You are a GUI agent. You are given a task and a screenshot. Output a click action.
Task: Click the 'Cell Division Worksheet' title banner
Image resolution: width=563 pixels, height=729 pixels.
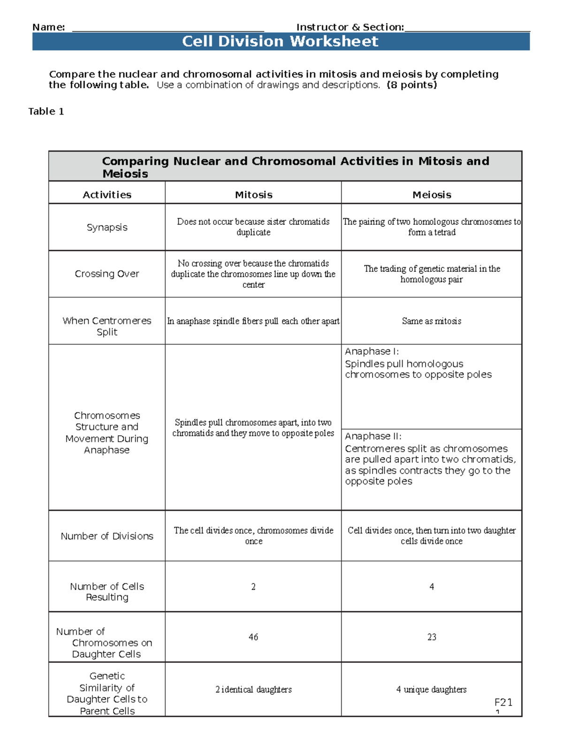click(x=280, y=41)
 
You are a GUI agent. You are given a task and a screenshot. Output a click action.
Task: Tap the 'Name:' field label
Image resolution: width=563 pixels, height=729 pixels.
click(x=48, y=27)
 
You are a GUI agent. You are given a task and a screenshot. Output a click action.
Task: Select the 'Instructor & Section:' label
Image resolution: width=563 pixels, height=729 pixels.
click(x=350, y=27)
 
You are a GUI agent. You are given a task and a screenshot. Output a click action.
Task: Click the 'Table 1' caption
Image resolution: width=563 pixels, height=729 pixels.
click(x=46, y=111)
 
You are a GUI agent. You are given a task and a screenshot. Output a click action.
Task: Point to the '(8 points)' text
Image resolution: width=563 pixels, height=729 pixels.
click(x=411, y=85)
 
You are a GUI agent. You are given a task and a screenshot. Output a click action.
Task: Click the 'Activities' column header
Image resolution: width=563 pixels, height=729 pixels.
click(x=107, y=195)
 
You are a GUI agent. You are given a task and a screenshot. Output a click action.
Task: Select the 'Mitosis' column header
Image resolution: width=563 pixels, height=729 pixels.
click(x=253, y=195)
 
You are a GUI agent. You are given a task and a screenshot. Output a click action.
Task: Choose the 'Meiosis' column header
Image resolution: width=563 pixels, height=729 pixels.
click(x=432, y=195)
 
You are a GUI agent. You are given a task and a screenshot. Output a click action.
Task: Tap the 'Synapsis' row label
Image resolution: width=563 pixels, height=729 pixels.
click(x=107, y=227)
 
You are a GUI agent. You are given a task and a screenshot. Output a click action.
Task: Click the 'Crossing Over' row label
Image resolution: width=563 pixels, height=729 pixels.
click(x=107, y=274)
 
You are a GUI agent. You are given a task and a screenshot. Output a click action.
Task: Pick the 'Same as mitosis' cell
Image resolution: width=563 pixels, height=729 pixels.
click(x=432, y=321)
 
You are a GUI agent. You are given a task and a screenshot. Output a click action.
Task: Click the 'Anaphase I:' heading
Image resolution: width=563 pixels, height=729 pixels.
click(x=372, y=352)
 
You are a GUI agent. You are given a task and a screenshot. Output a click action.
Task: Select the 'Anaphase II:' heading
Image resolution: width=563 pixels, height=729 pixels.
click(x=373, y=436)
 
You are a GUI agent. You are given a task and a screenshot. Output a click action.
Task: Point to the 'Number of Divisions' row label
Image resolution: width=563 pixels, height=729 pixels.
click(x=107, y=536)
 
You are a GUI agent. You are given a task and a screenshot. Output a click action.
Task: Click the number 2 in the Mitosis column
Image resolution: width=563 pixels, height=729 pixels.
click(x=253, y=587)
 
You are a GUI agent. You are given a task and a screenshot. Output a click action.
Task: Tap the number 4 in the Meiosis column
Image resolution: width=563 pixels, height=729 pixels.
click(x=432, y=587)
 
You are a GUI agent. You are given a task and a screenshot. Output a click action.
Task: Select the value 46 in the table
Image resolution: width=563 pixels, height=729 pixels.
click(x=253, y=637)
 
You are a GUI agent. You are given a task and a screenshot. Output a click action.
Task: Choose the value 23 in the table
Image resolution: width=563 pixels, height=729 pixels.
click(x=432, y=637)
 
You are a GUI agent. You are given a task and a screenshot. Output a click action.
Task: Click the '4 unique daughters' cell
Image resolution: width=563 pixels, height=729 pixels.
click(x=432, y=690)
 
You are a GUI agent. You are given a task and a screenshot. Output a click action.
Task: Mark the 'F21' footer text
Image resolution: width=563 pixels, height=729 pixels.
click(x=503, y=702)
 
